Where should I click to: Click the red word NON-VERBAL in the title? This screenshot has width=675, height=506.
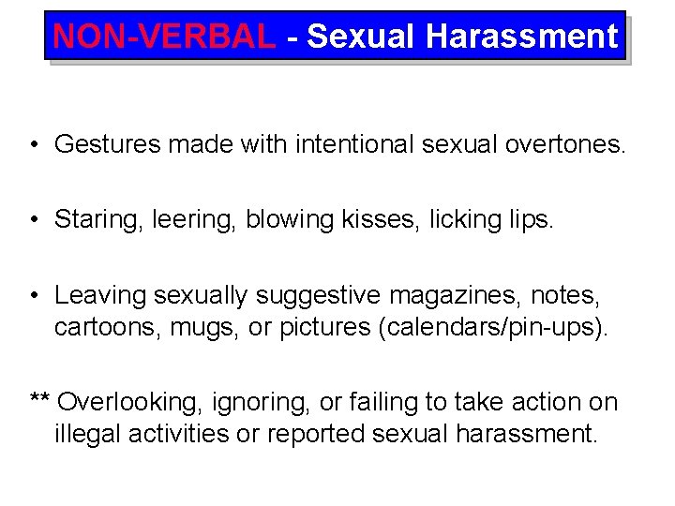pyautogui.click(x=165, y=36)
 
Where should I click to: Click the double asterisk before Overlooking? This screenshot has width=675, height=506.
pyautogui.click(x=39, y=399)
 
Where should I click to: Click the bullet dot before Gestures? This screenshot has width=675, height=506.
pyautogui.click(x=33, y=145)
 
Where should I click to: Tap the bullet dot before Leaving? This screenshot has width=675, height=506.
pyautogui.click(x=33, y=295)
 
